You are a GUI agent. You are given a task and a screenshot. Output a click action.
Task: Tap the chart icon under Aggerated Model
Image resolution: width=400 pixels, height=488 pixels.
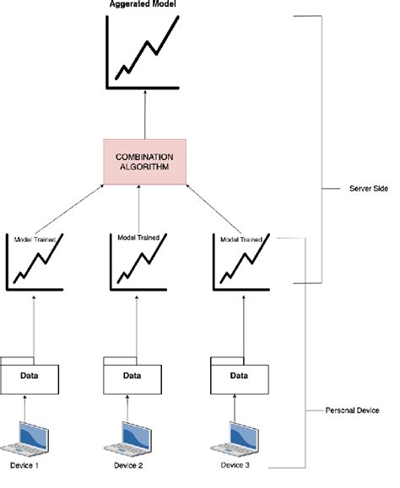[x=141, y=52]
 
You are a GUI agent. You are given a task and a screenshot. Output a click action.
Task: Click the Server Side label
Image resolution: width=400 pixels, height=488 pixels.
[x=368, y=189]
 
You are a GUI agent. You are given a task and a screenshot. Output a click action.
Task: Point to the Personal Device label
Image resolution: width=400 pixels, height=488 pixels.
[x=354, y=410]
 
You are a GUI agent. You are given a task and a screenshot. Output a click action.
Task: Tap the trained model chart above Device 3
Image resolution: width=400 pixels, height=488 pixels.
[x=241, y=263]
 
